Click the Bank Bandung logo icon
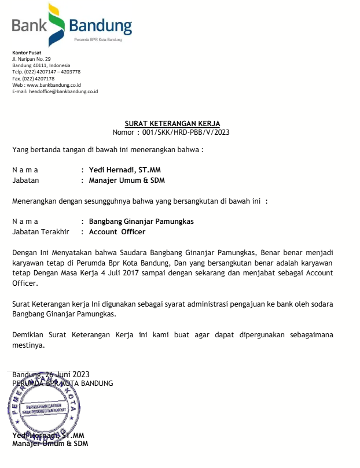(56, 24)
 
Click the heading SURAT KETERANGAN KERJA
(172, 123)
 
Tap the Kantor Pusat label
(23, 53)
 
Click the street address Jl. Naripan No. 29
(31, 59)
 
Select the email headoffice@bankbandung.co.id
(64, 91)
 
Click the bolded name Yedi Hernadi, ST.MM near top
(120, 170)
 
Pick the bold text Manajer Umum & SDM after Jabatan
(127, 180)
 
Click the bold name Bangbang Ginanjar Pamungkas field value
(141, 222)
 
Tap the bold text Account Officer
(117, 231)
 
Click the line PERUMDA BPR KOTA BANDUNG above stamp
(63, 383)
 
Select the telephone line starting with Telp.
(46, 72)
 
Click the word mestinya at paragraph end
(28, 345)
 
